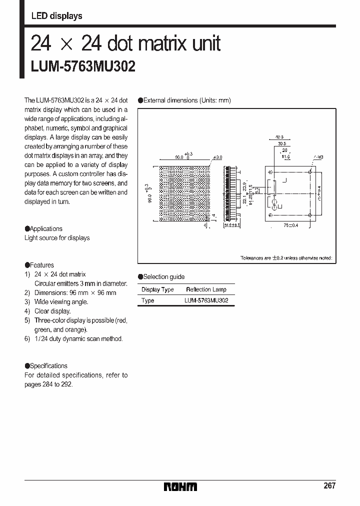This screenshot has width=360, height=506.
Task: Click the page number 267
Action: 329,485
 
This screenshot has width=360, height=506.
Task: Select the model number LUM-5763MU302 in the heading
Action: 83,66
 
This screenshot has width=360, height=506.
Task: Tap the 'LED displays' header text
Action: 56,16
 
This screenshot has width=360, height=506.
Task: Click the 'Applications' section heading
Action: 46,228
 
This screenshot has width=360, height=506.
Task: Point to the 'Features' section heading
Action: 41,265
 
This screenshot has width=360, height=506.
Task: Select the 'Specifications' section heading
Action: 48,365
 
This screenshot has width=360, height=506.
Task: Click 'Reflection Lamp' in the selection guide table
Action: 206,289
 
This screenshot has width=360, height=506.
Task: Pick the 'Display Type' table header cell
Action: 157,289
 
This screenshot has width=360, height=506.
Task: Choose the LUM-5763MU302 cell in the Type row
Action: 206,300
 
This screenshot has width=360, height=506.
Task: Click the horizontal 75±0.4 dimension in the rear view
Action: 290,225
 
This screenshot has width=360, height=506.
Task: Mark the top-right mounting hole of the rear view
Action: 310,172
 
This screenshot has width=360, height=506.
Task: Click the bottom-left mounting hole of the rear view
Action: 270,215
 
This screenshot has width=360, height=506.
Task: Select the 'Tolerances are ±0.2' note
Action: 286,258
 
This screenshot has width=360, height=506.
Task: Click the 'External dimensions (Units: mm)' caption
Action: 187,100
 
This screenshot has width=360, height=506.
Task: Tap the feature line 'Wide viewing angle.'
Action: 61,302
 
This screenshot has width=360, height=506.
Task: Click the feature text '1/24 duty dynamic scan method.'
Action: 78,338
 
